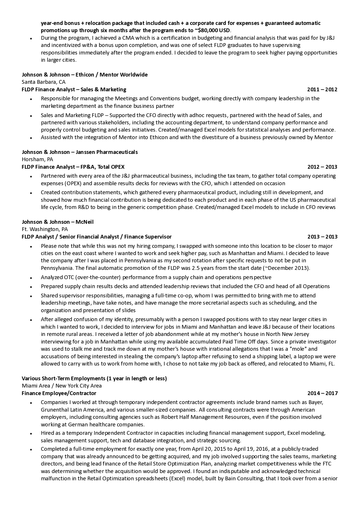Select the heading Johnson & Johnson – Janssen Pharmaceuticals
pyautogui.click(x=80, y=152)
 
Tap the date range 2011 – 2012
pyautogui.click(x=322, y=89)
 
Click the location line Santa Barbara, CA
pyautogui.click(x=43, y=82)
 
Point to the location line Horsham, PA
pyautogui.click(x=37, y=159)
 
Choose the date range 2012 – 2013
pyautogui.click(x=322, y=167)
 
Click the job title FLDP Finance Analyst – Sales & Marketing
pyautogui.click(x=74, y=89)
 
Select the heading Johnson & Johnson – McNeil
pyautogui.click(x=57, y=222)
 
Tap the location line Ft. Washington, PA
pyautogui.click(x=45, y=229)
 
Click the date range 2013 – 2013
pyautogui.click(x=322, y=237)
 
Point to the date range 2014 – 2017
pyautogui.click(x=323, y=393)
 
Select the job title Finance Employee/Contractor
pyautogui.click(x=59, y=393)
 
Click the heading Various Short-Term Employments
pyautogui.click(x=94, y=378)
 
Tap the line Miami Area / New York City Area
pyautogui.click(x=62, y=386)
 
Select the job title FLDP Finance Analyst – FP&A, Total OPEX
pyautogui.click(x=73, y=167)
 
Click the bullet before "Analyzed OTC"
pyautogui.click(x=31, y=278)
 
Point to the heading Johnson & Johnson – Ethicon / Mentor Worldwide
pyautogui.click(x=85, y=74)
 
